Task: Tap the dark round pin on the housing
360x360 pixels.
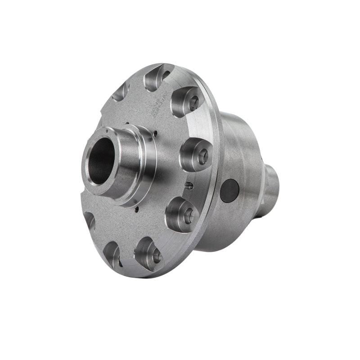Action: pos(229,190)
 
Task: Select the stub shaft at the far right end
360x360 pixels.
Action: pos(271,189)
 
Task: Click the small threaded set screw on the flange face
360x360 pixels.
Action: pos(189,185)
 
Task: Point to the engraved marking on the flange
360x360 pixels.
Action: pos(161,104)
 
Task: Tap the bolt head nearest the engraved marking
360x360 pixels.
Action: pos(189,101)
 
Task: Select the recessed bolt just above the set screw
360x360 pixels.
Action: pos(198,154)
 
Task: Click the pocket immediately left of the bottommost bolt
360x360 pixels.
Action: pos(112,255)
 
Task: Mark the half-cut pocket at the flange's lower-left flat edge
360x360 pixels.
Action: pos(89,220)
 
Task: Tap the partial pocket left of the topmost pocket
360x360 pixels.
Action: pos(121,92)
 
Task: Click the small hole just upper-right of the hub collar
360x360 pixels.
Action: pos(155,133)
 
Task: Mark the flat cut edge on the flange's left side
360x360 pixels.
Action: pos(85,198)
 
